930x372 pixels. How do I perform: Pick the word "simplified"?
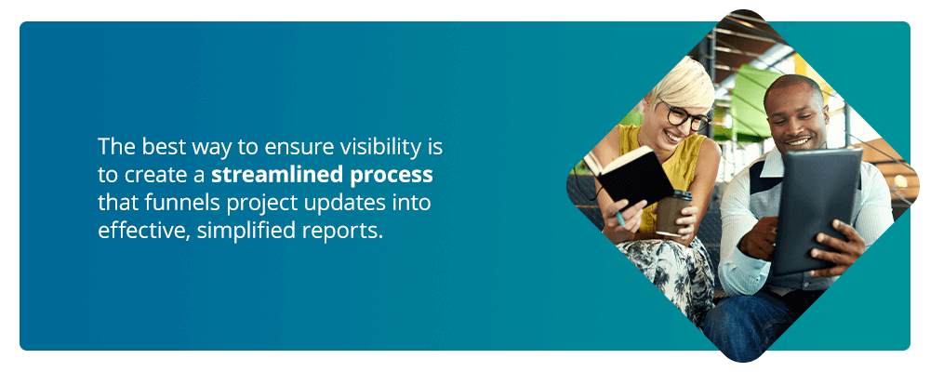246,232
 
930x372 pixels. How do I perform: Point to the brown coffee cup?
672,214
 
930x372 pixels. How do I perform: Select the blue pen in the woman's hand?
618,219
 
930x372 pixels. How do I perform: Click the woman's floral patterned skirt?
667,272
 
